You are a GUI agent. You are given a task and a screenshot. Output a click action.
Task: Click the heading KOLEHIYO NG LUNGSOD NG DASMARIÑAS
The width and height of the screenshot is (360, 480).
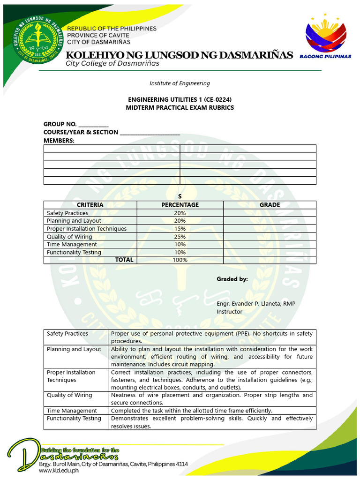179,55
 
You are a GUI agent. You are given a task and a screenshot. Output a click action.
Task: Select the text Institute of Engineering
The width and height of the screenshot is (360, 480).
180,83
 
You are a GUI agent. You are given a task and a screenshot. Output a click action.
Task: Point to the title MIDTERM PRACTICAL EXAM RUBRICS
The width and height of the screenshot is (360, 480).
180,108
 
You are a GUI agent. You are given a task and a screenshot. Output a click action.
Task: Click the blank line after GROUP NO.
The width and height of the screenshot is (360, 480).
93,125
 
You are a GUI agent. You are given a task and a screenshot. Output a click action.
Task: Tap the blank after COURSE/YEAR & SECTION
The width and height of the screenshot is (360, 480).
150,133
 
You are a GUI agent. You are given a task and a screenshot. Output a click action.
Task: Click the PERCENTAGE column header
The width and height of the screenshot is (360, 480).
180,205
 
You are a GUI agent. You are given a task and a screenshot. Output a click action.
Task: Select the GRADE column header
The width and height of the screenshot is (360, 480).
270,205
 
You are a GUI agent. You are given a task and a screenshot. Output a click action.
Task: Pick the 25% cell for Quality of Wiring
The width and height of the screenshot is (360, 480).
180,237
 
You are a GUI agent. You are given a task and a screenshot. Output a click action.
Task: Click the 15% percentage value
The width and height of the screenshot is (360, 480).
180,229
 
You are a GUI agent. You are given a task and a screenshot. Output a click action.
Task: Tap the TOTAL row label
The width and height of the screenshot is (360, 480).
124,260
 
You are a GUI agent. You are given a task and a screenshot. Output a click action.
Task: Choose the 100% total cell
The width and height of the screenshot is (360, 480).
180,260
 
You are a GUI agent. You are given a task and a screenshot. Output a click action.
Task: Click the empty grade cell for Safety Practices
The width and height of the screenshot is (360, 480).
270,213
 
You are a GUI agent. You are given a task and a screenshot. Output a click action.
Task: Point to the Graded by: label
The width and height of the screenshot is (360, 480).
232,279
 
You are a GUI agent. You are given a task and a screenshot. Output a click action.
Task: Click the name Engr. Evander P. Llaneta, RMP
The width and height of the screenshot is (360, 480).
256,304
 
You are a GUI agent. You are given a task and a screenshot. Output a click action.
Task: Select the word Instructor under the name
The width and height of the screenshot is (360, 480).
229,312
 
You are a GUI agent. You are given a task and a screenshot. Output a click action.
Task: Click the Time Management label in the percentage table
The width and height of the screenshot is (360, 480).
72,244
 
